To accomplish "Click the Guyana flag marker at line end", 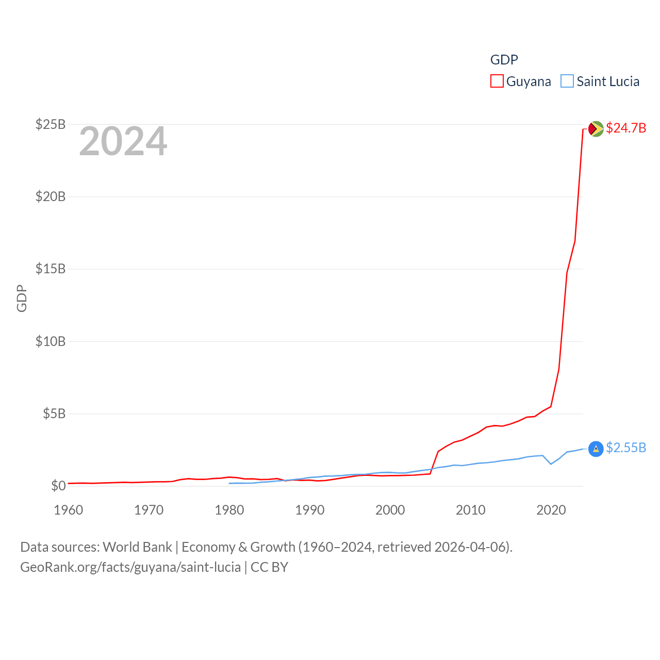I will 596,128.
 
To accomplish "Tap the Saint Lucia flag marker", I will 596,449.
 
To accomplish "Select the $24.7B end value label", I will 626,128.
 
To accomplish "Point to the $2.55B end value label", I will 626,448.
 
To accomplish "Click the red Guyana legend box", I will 497,81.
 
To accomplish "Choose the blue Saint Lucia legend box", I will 567,81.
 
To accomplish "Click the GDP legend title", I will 504,60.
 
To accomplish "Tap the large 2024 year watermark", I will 123,141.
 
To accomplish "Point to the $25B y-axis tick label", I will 50,124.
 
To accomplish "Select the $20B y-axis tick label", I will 50,196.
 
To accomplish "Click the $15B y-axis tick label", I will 50,269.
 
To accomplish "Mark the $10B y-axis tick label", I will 50,341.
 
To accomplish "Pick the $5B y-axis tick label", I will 54,414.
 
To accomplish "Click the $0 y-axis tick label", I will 58,486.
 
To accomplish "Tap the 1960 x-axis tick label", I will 69,510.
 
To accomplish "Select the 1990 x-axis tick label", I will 310,510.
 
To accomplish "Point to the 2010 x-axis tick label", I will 471,510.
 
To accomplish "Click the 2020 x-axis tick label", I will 551,510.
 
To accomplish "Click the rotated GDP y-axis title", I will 22,298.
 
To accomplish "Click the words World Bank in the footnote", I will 137,547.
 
